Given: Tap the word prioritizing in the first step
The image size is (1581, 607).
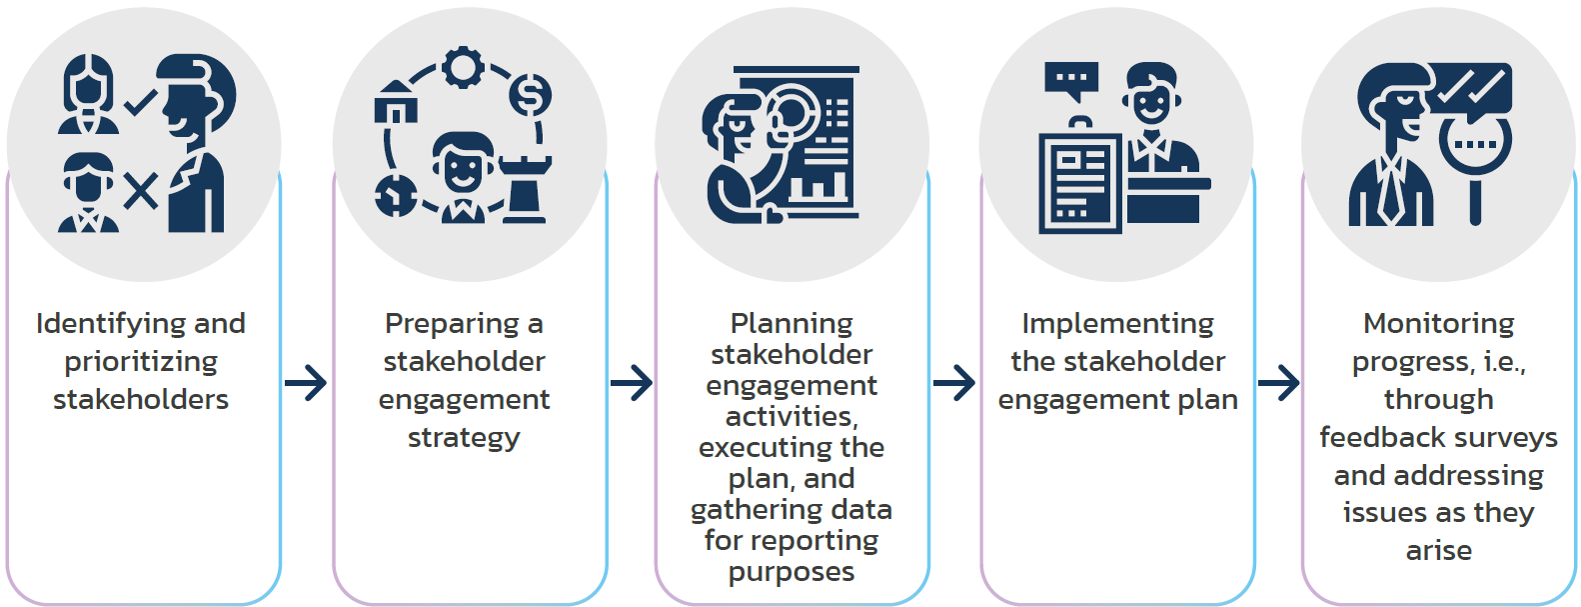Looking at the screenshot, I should (141, 362).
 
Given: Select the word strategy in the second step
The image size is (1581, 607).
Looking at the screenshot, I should (464, 438).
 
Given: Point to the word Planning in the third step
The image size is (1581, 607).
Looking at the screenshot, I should (791, 324).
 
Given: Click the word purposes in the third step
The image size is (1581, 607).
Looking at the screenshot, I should (791, 572).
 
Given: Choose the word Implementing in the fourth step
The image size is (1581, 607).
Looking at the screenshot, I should (1117, 324).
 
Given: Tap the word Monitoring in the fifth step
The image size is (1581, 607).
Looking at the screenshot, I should (1438, 324).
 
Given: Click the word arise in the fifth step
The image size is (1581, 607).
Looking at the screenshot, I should (1438, 551).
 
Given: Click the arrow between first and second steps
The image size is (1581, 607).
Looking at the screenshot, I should (306, 382).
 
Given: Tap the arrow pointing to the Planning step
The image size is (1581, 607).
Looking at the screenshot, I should (632, 382).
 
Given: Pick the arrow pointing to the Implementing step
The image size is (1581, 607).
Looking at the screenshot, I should (954, 382).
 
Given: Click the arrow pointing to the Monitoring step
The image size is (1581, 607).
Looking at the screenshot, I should (1279, 382).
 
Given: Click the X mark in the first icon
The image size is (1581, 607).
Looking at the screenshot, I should (141, 190).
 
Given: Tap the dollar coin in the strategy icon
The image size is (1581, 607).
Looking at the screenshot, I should (530, 96).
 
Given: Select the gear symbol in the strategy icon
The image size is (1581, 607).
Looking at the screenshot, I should (463, 68).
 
